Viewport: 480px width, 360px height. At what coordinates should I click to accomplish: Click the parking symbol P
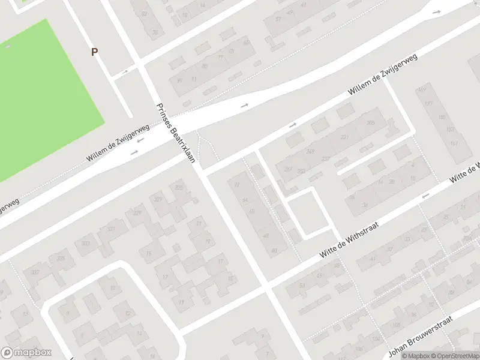[94, 52]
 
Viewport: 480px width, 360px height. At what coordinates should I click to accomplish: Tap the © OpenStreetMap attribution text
[454, 356]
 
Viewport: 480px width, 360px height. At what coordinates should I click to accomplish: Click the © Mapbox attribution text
[415, 356]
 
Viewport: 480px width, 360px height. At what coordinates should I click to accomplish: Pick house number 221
[344, 137]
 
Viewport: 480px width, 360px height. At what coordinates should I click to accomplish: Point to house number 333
[61, 259]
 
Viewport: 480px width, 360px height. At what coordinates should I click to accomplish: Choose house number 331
[111, 229]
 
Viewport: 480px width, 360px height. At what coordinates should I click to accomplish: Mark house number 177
[429, 104]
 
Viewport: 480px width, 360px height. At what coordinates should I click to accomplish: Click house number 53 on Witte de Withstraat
[302, 286]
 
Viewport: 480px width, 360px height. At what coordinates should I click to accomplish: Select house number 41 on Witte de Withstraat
[372, 259]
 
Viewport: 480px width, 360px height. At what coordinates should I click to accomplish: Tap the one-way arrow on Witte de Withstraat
[425, 196]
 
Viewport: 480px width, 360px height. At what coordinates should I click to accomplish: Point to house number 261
[288, 169]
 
